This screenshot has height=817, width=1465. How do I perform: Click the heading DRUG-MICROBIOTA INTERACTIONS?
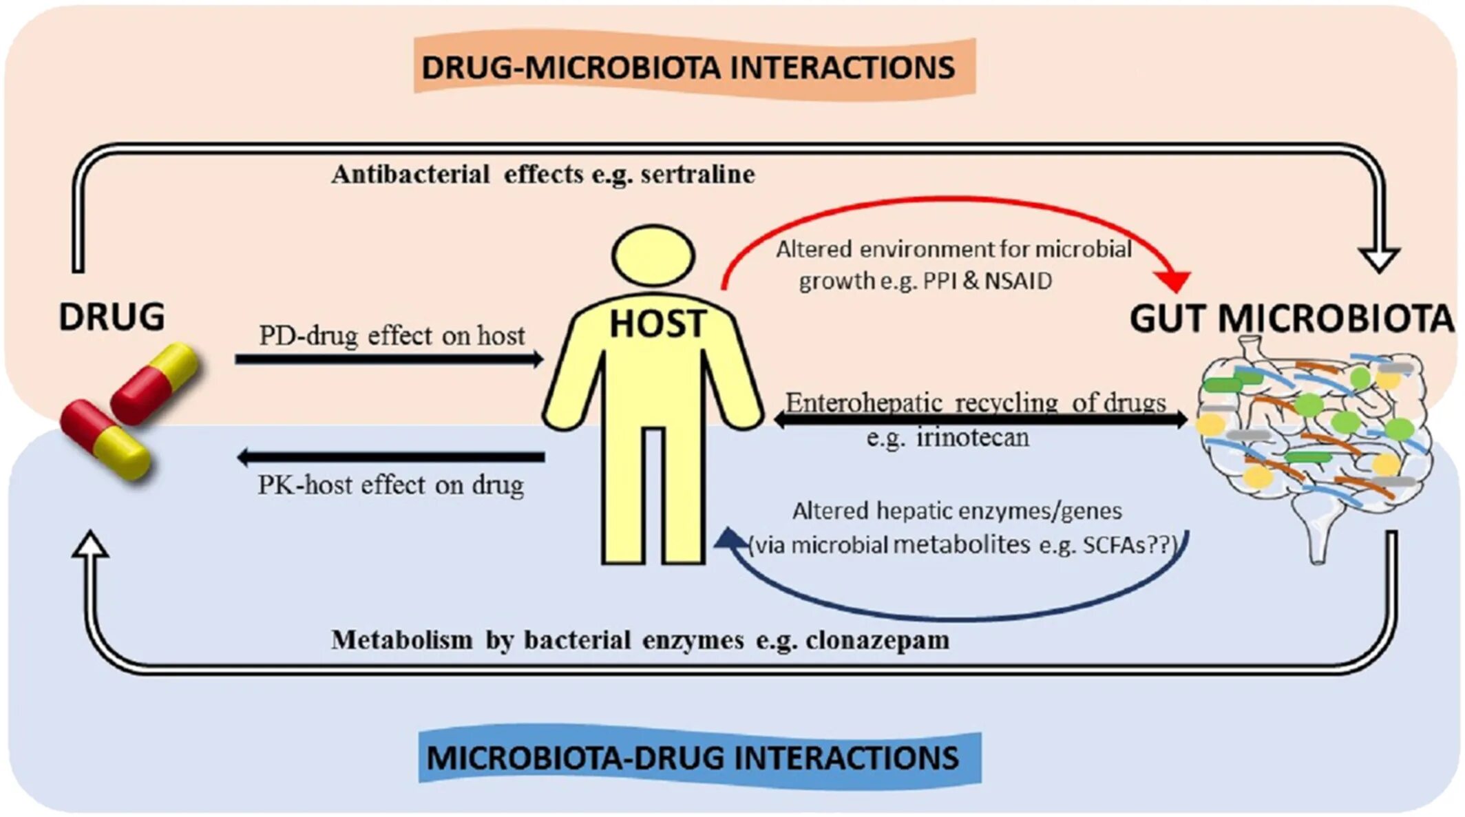coord(688,67)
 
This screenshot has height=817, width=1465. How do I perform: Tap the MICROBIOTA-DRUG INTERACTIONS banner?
coord(693,758)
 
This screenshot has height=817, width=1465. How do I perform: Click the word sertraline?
coord(697,174)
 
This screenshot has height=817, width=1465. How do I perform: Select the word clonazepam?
coord(877,640)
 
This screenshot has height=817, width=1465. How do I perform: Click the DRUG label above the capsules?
coord(112,317)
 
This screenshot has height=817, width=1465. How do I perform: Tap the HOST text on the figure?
coord(657,323)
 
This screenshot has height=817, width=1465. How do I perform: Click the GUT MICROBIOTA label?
coord(1292,319)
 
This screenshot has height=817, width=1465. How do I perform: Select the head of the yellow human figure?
coord(653,255)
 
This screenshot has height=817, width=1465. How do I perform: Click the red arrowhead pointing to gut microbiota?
coord(1174,280)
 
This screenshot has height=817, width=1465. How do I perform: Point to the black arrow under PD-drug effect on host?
coord(389,359)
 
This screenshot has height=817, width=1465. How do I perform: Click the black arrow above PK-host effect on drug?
coord(390,457)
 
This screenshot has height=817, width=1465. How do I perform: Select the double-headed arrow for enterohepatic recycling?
coord(981,418)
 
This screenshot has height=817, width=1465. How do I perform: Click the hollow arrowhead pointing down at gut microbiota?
coord(1378,259)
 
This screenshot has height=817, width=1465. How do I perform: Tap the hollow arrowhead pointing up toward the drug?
coord(90,545)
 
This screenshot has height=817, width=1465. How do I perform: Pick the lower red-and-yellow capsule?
coord(105,438)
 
